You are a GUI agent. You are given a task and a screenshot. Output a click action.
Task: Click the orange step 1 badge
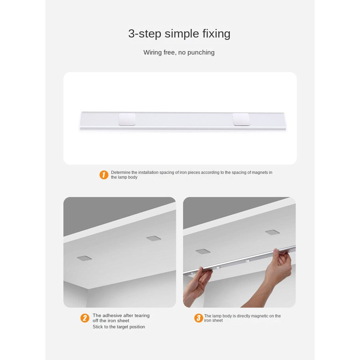coord(104,175)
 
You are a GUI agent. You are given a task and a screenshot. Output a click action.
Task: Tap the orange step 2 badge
coord(85,318)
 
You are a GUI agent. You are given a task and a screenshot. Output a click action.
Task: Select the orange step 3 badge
coord(199,318)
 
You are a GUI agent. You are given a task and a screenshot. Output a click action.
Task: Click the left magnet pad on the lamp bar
coord(127,119)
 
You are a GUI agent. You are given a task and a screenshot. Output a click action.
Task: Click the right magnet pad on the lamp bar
coord(241,119)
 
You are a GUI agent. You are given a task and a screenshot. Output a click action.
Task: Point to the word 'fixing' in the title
coord(216,34)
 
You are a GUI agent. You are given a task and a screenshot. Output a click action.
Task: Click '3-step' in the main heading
coord(145,34)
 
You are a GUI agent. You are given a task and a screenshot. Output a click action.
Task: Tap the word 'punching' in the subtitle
coord(201,52)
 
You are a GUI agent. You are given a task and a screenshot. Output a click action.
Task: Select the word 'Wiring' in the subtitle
coord(152,52)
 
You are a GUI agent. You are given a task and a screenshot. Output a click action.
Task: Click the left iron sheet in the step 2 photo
coord(84,258)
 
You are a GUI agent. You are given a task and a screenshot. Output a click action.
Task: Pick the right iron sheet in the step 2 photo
coord(154,238)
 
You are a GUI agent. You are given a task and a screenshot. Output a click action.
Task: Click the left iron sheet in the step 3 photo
coord(203,251)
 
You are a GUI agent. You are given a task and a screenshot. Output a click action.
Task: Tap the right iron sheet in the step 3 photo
coord(272,232)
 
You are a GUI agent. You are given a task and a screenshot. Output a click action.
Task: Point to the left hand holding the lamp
coord(197,286)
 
